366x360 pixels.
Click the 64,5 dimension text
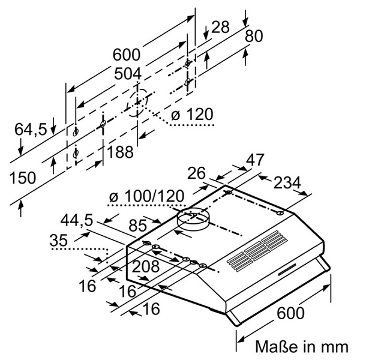30,128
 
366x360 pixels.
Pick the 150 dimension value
22,178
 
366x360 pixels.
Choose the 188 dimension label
120,152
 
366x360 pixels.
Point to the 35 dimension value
59,241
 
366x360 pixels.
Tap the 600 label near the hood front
290,313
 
